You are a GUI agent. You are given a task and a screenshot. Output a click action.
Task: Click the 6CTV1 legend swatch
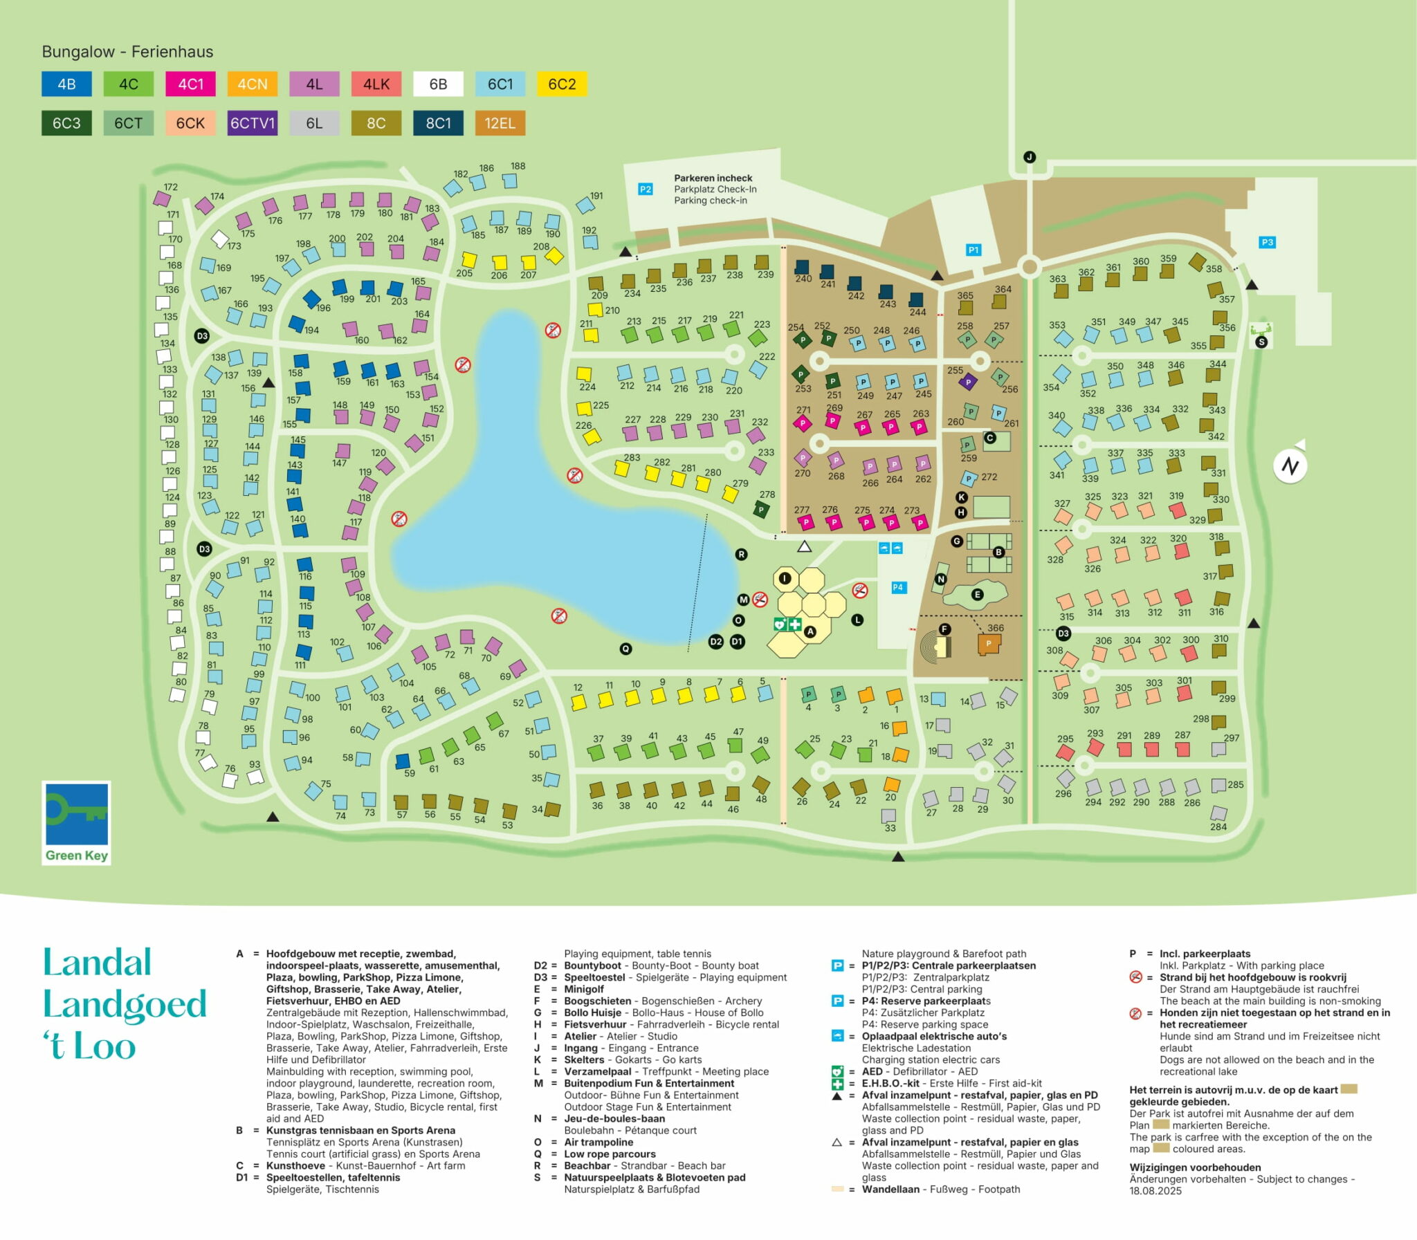tap(252, 123)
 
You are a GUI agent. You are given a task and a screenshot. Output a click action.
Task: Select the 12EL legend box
tap(500, 123)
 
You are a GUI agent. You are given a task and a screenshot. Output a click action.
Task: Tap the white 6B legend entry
tap(438, 84)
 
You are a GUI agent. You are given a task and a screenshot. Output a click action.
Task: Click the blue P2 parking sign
tap(645, 189)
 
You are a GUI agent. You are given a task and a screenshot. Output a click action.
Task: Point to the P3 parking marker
tap(1267, 242)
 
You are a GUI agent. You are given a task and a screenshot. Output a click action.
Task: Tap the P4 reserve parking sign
tap(898, 587)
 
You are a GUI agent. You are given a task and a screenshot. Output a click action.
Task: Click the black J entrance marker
tap(1030, 157)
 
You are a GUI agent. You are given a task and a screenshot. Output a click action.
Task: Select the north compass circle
tap(1290, 465)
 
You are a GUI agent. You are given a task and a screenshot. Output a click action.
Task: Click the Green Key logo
tap(76, 823)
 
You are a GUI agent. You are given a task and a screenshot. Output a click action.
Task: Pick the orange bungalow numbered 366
tap(989, 645)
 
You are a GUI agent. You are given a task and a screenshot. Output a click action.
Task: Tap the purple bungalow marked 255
tap(969, 380)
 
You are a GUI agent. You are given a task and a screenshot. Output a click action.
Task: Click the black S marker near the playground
tap(1261, 342)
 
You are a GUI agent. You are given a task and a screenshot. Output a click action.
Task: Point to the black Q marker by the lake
tap(625, 649)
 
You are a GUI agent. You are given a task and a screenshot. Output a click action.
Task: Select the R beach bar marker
tap(742, 554)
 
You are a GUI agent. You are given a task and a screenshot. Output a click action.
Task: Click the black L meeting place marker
tap(857, 620)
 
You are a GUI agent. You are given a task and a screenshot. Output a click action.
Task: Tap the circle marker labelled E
tap(977, 594)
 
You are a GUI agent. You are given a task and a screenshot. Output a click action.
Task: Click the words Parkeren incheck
tap(713, 178)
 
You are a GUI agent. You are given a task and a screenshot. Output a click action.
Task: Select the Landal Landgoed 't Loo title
tap(125, 1003)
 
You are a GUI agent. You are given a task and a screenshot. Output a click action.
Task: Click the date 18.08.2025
tap(1155, 1191)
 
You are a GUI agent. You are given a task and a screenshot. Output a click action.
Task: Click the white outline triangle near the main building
tap(804, 547)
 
